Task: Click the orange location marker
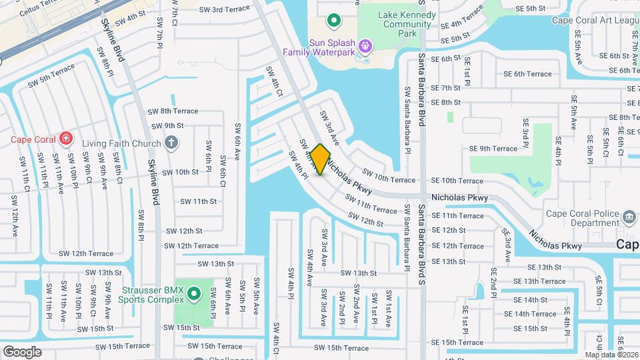(320, 159)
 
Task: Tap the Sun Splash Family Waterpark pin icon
(365, 46)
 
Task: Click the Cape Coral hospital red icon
(65, 139)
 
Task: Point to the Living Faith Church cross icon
(171, 143)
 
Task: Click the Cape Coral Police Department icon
(628, 217)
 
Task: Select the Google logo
(22, 352)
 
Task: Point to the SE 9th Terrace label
(493, 149)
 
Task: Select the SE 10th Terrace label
(457, 181)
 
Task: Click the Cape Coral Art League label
(595, 20)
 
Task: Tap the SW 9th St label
(167, 125)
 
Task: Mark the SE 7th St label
(445, 88)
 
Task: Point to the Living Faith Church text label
(121, 143)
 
